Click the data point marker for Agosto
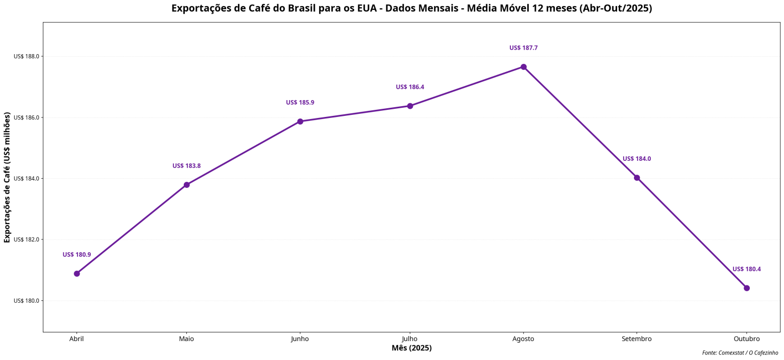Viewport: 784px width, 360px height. tap(523, 67)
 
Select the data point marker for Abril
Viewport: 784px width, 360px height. tap(77, 274)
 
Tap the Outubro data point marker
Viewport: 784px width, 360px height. tap(746, 288)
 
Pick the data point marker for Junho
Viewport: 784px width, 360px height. tap(300, 122)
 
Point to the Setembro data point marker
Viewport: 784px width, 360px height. tap(636, 178)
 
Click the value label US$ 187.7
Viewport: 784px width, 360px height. tap(523, 48)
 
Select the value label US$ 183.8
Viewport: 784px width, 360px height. tap(186, 166)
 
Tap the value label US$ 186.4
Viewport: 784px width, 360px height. tap(410, 87)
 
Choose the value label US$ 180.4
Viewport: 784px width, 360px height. tap(746, 269)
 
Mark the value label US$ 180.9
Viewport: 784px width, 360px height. tap(77, 255)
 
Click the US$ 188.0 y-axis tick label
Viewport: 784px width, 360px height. tap(26, 57)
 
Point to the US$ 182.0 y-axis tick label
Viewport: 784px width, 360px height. tap(26, 239)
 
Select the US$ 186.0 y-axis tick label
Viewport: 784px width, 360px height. tap(26, 117)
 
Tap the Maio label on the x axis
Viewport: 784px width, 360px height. tap(186, 339)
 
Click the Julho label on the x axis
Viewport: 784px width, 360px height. tap(409, 339)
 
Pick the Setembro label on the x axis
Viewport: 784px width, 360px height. tap(636, 339)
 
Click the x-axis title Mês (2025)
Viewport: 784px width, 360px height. tap(411, 348)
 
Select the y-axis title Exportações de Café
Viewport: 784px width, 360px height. tap(7, 177)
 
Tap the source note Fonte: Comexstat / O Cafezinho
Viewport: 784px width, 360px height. tap(740, 353)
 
